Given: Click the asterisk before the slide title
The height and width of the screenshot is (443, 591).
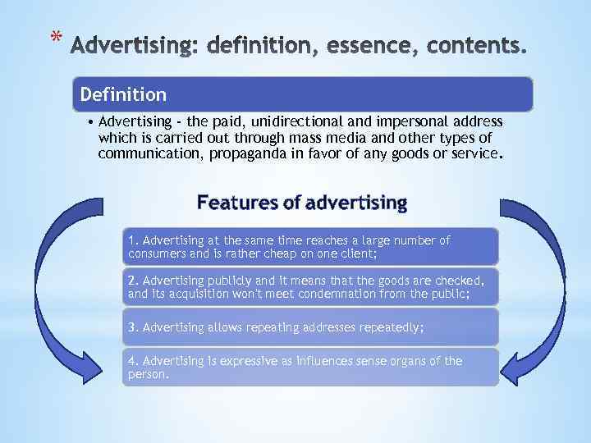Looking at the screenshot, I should tap(55, 37).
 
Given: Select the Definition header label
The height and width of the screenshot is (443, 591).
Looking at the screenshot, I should tap(123, 95).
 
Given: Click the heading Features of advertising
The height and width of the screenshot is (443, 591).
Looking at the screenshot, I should tap(302, 202).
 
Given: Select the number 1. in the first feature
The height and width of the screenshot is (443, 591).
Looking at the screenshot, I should tap(134, 240).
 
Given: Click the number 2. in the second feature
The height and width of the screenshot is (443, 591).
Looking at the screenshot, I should tap(134, 279).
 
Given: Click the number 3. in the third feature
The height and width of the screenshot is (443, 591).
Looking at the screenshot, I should tap(134, 327).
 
